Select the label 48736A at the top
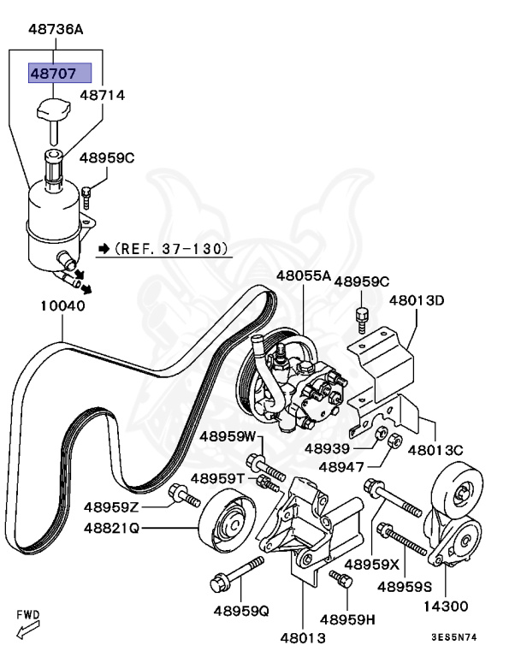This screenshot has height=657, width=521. [x=56, y=29]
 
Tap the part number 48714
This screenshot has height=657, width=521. [x=103, y=95]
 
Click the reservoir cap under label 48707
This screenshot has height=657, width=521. [x=53, y=110]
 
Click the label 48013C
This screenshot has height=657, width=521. [x=435, y=450]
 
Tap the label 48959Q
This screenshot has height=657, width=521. [x=240, y=612]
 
